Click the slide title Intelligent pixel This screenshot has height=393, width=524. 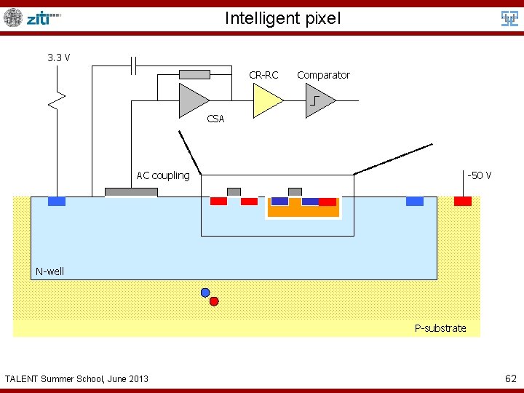pyautogui.click(x=282, y=18)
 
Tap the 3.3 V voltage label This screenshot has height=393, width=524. pyautogui.click(x=58, y=57)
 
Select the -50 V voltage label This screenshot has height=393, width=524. pyautogui.click(x=479, y=175)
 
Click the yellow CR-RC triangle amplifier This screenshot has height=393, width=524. pyautogui.click(x=266, y=100)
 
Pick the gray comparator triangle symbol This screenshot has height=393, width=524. pyautogui.click(x=319, y=100)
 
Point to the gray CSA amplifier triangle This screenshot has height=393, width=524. pyautogui.click(x=193, y=100)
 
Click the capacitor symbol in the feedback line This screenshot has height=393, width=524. pyautogui.click(x=135, y=65)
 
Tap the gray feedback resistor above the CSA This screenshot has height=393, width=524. pyautogui.click(x=194, y=74)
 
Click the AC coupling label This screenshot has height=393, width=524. pyautogui.click(x=163, y=175)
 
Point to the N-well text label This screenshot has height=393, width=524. pyautogui.click(x=50, y=271)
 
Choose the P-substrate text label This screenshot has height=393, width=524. pyautogui.click(x=440, y=328)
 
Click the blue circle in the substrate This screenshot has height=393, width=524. pyautogui.click(x=205, y=293)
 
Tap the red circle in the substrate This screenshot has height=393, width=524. pyautogui.click(x=214, y=301)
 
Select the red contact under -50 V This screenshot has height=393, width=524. pyautogui.click(x=463, y=201)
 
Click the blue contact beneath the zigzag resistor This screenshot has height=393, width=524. pyautogui.click(x=57, y=201)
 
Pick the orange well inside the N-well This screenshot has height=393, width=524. pyautogui.click(x=303, y=211)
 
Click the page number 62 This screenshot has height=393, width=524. pyautogui.click(x=511, y=378)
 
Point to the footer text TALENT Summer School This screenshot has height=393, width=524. pyautogui.click(x=76, y=378)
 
